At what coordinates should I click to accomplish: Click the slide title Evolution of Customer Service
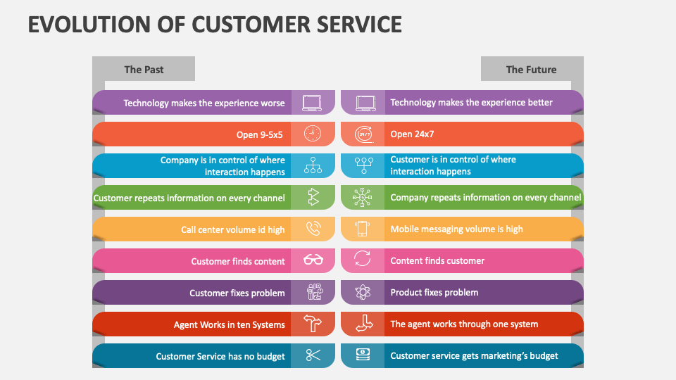click(x=215, y=23)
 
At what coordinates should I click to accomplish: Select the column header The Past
click(x=144, y=69)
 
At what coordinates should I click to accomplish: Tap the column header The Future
click(x=531, y=69)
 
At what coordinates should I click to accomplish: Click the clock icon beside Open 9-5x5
click(x=313, y=134)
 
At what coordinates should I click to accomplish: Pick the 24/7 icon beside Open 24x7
click(x=363, y=134)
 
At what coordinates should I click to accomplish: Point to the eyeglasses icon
click(x=313, y=260)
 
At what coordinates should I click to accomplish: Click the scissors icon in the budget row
click(x=313, y=356)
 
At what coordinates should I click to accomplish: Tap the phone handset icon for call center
click(x=313, y=229)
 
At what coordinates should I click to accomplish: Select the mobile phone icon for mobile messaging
click(x=363, y=229)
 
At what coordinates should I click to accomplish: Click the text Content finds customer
click(x=437, y=260)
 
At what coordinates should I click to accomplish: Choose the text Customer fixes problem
click(x=237, y=293)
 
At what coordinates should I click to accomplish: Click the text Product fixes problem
click(x=434, y=292)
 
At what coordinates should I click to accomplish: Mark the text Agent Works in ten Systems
click(x=230, y=324)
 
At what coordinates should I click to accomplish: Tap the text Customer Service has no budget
click(x=220, y=356)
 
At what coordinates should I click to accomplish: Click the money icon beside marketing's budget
click(x=363, y=355)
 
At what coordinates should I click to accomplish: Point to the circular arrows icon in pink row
click(x=363, y=260)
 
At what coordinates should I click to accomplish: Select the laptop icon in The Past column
click(x=313, y=103)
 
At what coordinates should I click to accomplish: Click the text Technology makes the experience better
click(x=471, y=102)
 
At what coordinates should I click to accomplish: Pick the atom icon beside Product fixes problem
click(x=363, y=292)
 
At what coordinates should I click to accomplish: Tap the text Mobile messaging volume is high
click(x=456, y=229)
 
